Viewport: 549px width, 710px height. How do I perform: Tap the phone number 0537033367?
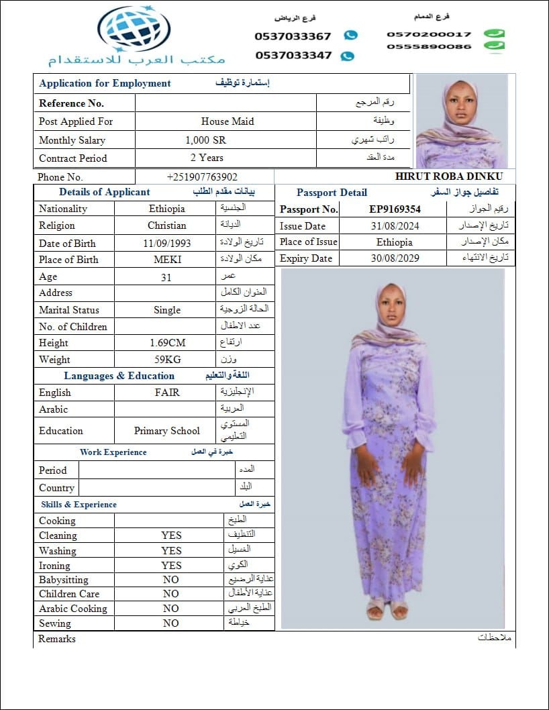[293, 36]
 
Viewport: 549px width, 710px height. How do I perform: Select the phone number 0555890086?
[429, 46]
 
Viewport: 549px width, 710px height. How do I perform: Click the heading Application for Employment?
[105, 83]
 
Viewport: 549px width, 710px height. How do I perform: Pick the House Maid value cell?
[228, 121]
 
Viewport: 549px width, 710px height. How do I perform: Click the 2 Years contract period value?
[207, 158]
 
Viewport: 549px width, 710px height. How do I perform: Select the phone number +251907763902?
[202, 177]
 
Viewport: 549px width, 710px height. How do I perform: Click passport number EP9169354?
[395, 209]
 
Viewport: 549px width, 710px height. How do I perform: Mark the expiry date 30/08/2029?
[395, 258]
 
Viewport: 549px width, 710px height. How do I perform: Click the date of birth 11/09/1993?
[166, 244]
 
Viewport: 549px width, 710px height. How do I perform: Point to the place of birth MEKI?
[167, 260]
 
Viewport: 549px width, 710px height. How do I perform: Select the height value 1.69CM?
[167, 343]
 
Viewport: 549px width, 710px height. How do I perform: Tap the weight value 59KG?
[167, 360]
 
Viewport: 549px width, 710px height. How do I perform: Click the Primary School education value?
[167, 431]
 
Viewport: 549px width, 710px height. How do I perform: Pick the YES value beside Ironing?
[171, 566]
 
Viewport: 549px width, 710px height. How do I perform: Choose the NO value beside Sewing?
[171, 623]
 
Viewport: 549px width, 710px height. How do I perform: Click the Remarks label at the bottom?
[57, 639]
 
